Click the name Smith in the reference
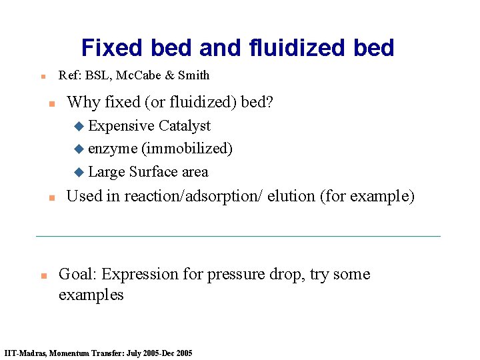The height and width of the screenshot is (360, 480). coord(193,75)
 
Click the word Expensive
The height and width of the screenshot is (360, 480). coord(121,126)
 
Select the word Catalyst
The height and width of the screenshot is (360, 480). coord(185,126)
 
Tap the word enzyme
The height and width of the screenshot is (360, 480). coord(113,149)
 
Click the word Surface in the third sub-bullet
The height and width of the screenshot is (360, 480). coord(154,172)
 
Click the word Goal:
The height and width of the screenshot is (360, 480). coord(78,275)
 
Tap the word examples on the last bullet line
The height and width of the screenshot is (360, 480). coord(91,295)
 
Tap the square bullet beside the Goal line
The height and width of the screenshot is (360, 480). coord(42,275)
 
